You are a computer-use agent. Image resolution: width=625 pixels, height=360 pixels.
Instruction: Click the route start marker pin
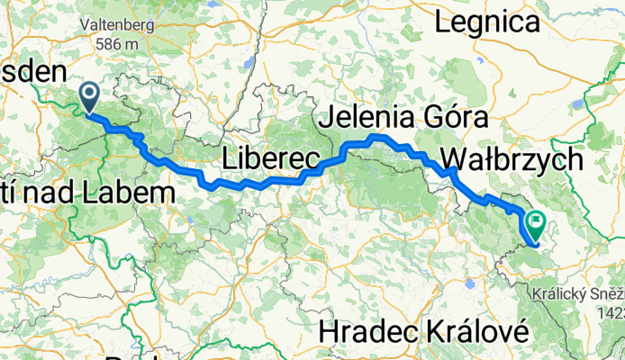click(x=90, y=95)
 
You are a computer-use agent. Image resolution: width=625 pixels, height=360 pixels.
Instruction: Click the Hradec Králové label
click(x=421, y=331)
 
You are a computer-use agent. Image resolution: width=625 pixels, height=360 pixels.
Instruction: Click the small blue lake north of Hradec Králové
click(x=470, y=284)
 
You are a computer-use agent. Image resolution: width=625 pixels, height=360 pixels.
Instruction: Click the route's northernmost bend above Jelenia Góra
click(x=377, y=137)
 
